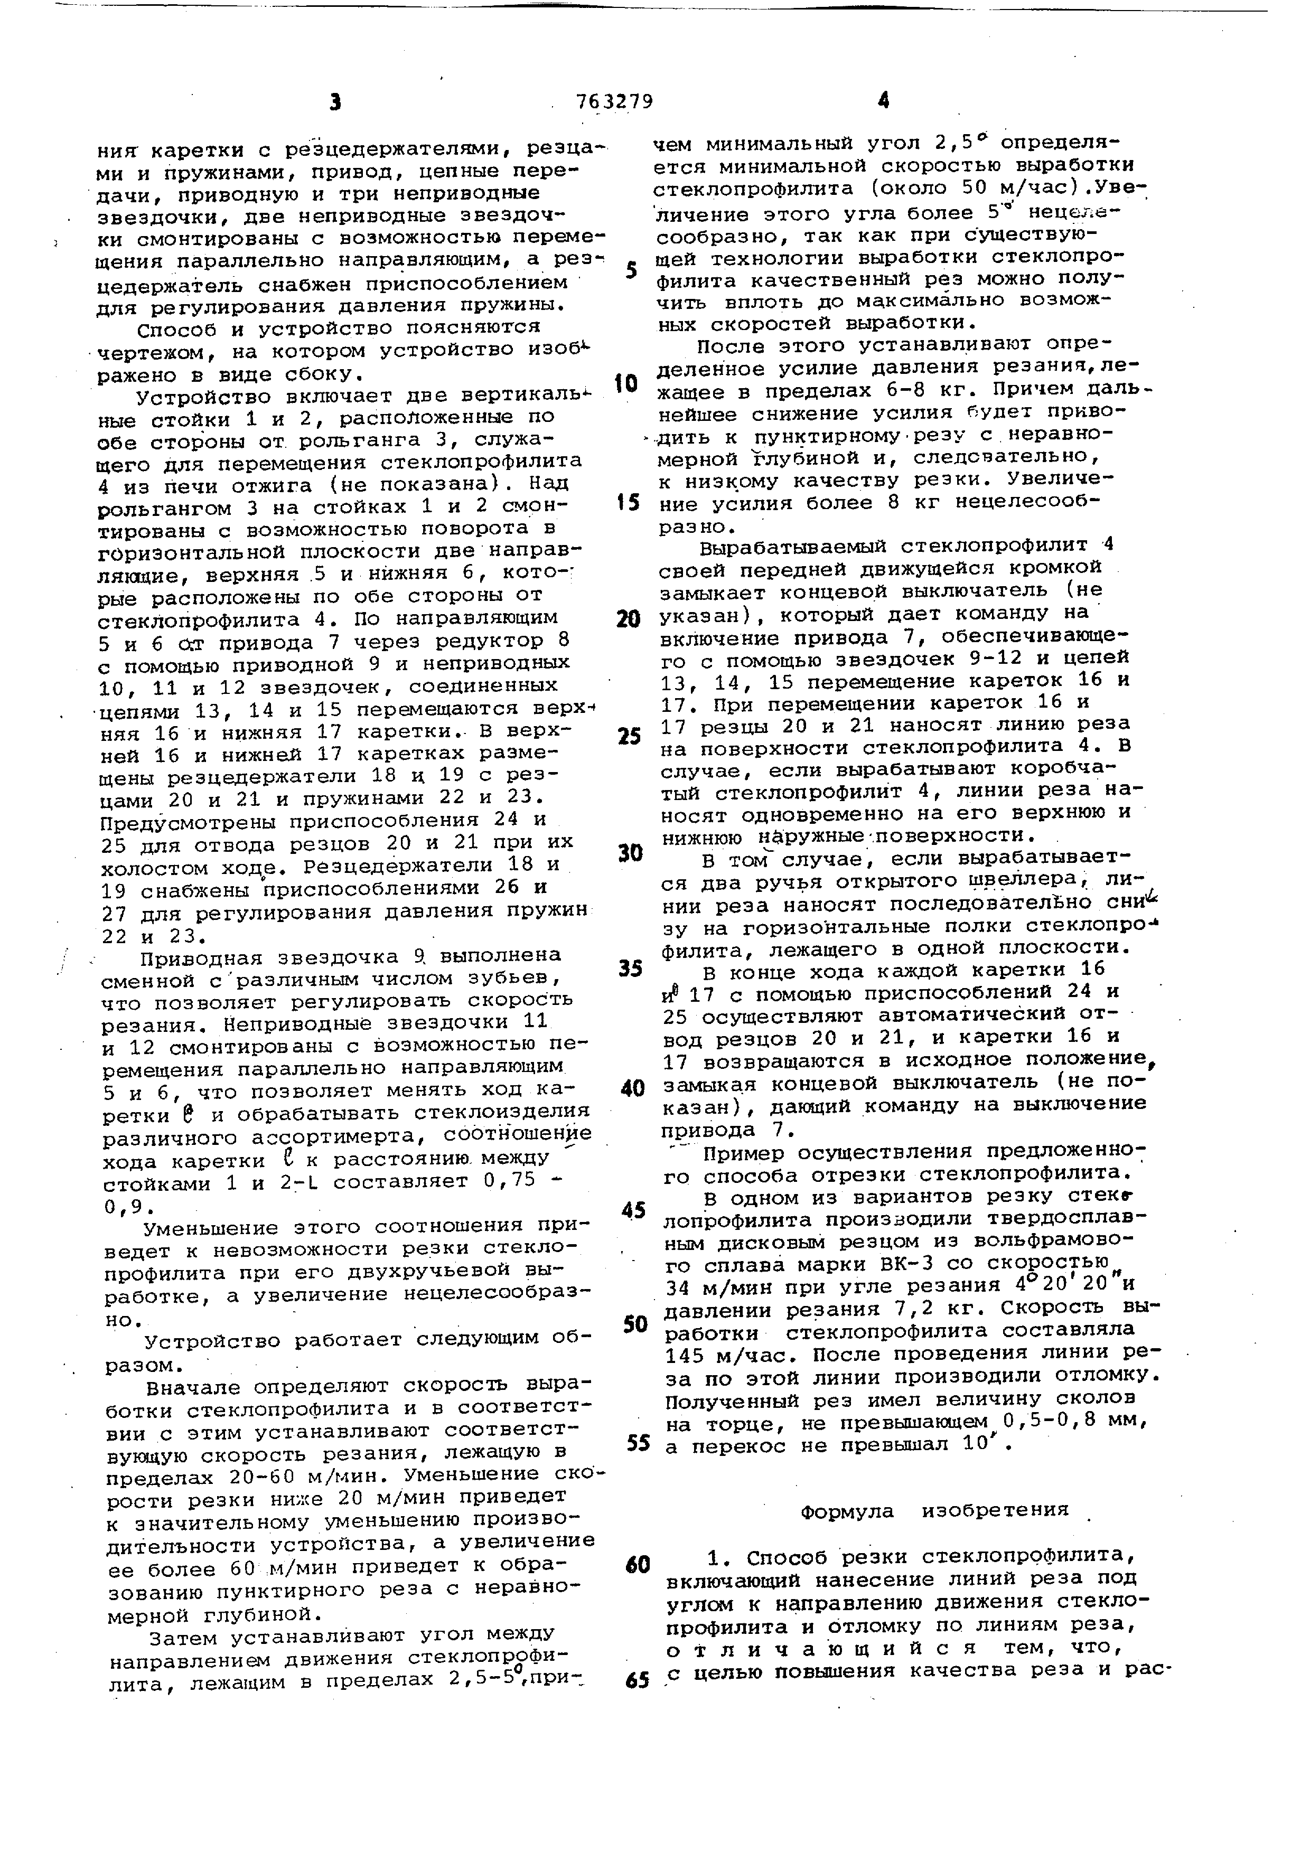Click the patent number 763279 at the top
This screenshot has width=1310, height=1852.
[x=615, y=101]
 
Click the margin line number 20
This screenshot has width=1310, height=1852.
[x=628, y=619]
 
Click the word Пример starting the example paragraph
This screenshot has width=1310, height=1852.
[x=743, y=1152]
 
